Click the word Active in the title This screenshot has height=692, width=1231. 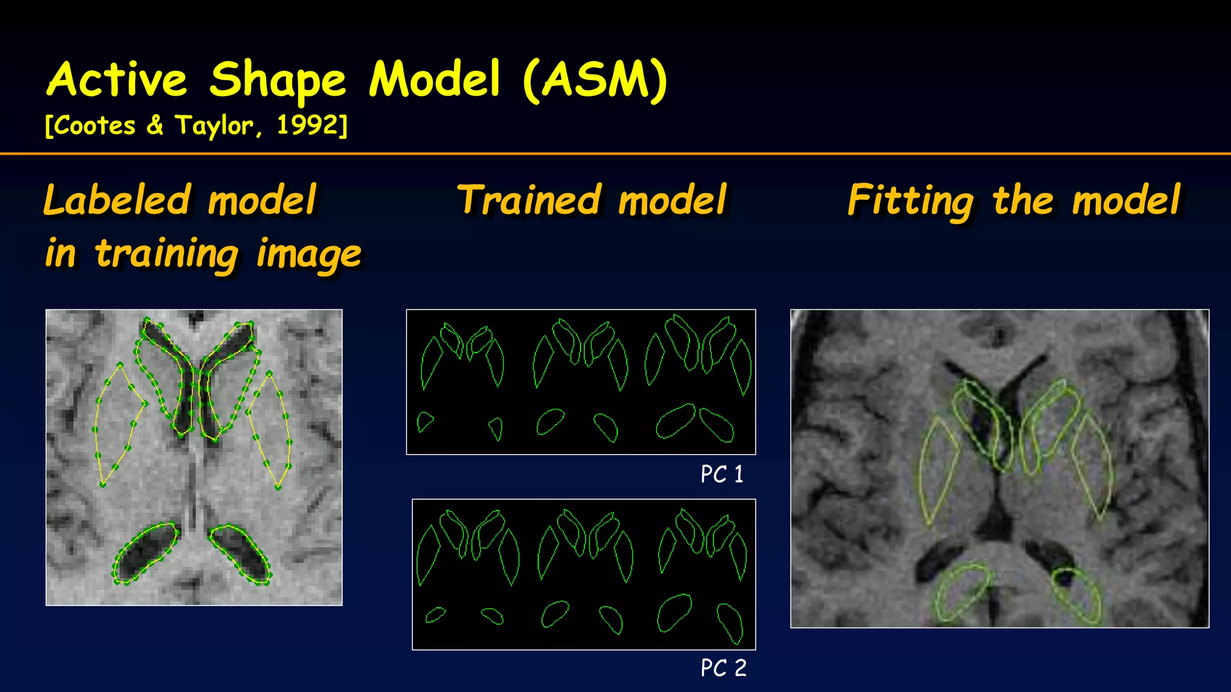click(117, 80)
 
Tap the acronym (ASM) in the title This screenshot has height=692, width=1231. click(595, 80)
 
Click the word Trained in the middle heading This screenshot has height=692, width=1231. click(529, 200)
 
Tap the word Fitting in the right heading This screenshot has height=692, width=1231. click(911, 201)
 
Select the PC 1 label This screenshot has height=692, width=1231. click(722, 475)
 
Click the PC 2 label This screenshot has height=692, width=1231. click(723, 668)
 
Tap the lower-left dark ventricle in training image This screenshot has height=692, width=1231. click(144, 553)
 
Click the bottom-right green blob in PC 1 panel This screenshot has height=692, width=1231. click(716, 425)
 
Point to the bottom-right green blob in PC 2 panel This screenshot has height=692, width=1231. click(730, 622)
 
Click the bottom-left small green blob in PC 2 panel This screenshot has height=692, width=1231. click(435, 615)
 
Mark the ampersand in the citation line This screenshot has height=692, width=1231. click(155, 126)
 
